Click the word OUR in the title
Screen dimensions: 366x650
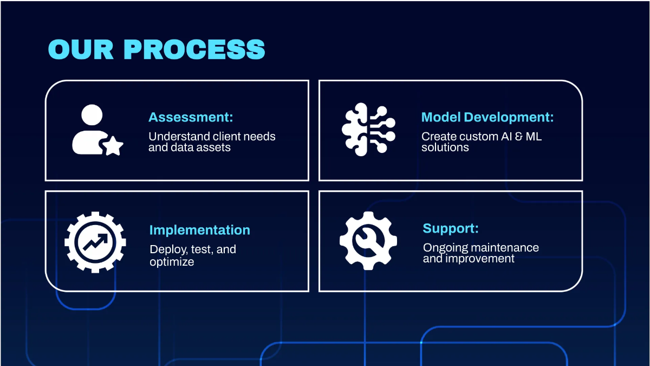(x=80, y=49)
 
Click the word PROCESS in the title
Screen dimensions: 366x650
(x=194, y=49)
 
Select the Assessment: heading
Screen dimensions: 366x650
(x=191, y=117)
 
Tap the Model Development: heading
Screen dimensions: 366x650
(x=487, y=117)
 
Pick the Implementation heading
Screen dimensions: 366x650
(x=199, y=230)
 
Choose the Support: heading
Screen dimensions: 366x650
(x=451, y=228)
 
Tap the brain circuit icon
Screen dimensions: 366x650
(x=368, y=130)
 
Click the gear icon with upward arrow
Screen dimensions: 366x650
(x=95, y=242)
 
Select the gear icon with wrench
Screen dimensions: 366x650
(x=368, y=241)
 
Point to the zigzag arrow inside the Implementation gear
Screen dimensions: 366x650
(x=95, y=242)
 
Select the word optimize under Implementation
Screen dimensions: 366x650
(x=172, y=262)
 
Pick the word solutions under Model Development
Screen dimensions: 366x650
(x=445, y=147)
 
